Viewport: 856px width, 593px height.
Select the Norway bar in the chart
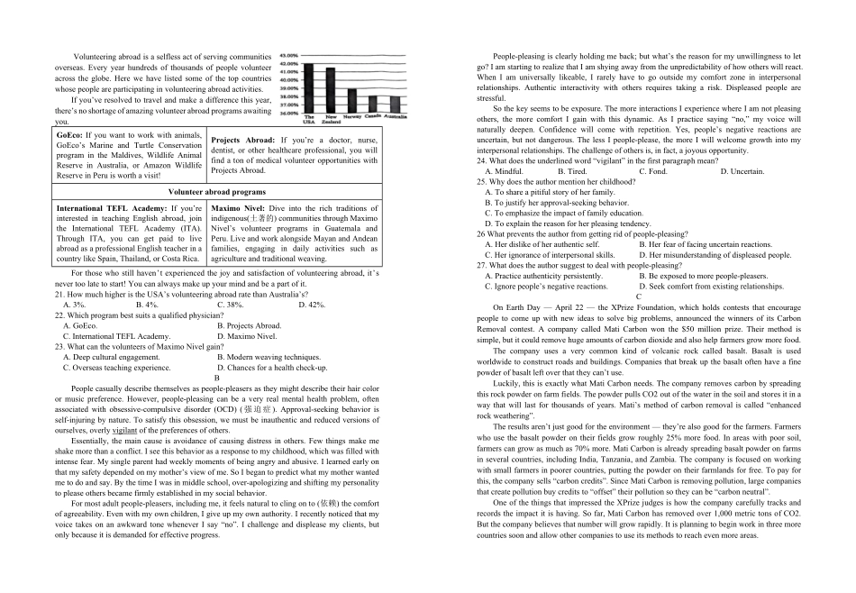tap(351, 102)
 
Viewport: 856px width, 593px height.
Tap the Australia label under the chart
tap(395, 117)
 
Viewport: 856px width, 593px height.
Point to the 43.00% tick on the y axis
tap(288, 56)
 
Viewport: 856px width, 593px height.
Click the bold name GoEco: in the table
tap(69, 135)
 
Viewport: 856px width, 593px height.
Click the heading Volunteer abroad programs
tap(217, 192)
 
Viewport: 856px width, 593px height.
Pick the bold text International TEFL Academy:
tap(110, 209)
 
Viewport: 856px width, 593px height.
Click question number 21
tap(59, 295)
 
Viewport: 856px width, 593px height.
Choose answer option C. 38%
tap(231, 305)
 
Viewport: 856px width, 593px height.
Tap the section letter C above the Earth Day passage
tap(639, 296)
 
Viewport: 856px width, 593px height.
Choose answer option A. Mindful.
tap(504, 171)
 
